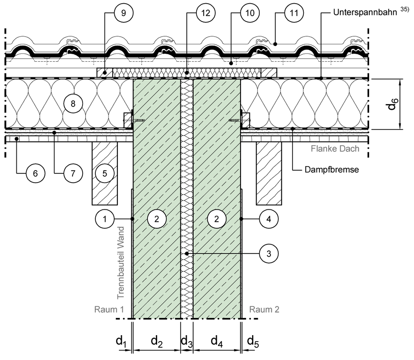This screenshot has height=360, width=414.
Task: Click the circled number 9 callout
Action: point(123,13)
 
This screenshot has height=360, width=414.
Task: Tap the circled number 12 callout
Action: point(206,13)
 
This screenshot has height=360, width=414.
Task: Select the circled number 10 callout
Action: point(250,13)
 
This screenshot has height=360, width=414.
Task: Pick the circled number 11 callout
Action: point(294,13)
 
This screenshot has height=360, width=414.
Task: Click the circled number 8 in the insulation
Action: point(73,103)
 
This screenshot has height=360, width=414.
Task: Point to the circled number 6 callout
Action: point(35,173)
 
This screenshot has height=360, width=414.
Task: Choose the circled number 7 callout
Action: point(73,173)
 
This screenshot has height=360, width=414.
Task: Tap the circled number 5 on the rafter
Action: point(105,173)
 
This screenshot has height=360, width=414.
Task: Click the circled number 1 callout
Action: point(105,219)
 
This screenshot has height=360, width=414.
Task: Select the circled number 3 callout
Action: point(269,254)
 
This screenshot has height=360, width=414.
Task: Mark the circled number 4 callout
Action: point(269,219)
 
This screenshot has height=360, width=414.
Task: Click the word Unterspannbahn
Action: point(365,12)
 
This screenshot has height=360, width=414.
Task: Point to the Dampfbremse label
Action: point(332,169)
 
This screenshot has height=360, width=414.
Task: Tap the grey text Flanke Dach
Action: point(335,148)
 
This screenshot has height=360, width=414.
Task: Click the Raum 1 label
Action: point(109,309)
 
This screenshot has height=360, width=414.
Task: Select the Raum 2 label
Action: point(264,309)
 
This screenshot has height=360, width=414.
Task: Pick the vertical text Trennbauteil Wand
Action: point(120,263)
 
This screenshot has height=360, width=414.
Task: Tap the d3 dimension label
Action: point(187,341)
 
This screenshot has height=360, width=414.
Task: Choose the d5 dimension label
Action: point(253,341)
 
